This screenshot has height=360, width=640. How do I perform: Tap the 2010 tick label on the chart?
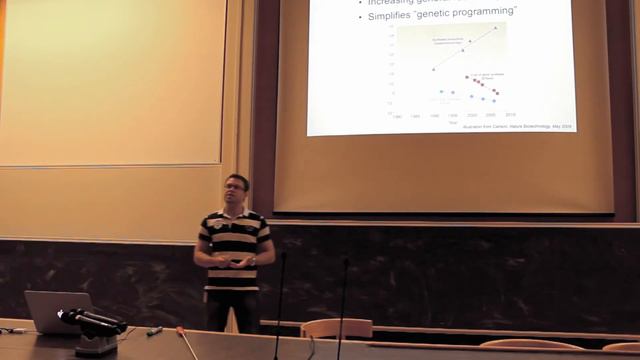pyautogui.click(x=509, y=115)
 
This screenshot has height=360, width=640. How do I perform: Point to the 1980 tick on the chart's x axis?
pyautogui.click(x=398, y=116)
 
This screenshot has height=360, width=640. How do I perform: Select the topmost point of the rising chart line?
pyautogui.click(x=495, y=27)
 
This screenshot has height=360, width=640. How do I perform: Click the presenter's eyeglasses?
pyautogui.click(x=236, y=187)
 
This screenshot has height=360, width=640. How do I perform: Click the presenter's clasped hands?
pyautogui.click(x=238, y=263)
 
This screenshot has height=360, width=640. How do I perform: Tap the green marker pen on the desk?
pyautogui.click(x=154, y=330)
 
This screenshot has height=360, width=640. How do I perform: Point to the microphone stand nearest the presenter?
pyautogui.click(x=280, y=300)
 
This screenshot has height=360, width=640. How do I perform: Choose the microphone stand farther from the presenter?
pyautogui.click(x=343, y=300)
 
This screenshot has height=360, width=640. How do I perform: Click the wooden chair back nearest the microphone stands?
pyautogui.click(x=336, y=327)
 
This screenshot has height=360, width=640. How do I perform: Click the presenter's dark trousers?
pyautogui.click(x=232, y=310)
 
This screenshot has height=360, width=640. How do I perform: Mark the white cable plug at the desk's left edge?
pyautogui.click(x=12, y=330)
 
